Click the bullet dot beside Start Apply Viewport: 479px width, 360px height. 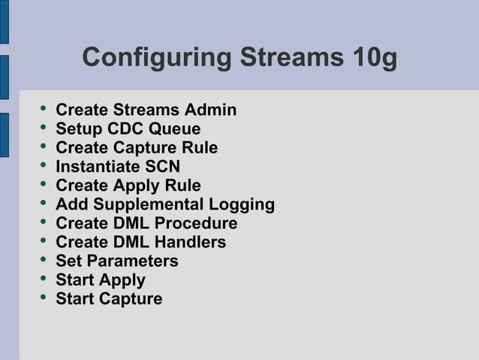43,279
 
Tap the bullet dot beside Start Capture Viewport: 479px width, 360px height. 43,298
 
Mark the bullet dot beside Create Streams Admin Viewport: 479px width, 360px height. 43,110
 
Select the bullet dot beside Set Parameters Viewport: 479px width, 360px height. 43,260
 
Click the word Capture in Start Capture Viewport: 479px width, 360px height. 131,298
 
